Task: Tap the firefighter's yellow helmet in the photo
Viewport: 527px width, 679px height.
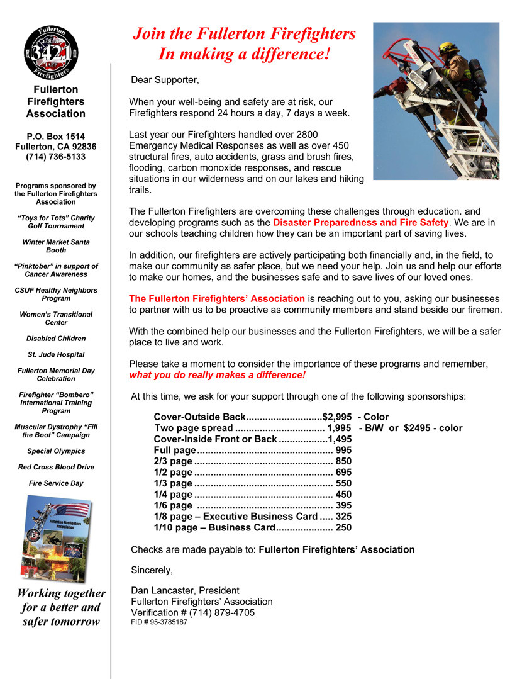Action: click(x=448, y=48)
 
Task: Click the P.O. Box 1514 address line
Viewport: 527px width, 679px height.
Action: click(x=55, y=136)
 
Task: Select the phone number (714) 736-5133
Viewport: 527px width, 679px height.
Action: click(x=55, y=157)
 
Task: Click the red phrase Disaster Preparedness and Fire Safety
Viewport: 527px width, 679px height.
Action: click(x=360, y=223)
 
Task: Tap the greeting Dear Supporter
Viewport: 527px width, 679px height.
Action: click(x=165, y=80)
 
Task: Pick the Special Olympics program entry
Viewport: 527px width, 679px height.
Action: click(x=56, y=451)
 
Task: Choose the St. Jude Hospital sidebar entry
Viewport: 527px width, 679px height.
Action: click(x=55, y=354)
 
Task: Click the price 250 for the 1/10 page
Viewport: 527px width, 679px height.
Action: click(x=344, y=528)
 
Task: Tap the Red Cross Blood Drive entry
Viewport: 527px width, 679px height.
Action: click(x=56, y=467)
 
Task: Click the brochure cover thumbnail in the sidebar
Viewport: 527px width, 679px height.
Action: click(x=56, y=538)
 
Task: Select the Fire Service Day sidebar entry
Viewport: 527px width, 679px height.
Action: click(x=56, y=483)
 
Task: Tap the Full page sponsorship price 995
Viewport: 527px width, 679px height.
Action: click(x=344, y=450)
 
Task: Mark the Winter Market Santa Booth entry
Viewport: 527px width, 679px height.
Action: click(x=55, y=246)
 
